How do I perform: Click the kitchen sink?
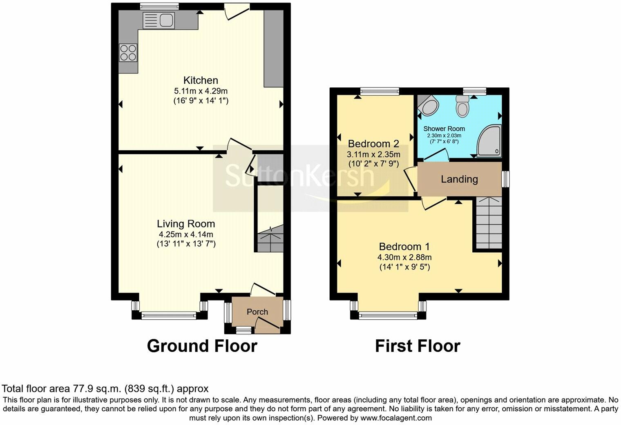[159, 20]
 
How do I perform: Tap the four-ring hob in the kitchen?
[128, 53]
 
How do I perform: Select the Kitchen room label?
[201, 80]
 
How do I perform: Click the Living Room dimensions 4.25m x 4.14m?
[186, 234]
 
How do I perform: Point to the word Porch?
[257, 312]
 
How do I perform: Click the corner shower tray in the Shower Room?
[489, 141]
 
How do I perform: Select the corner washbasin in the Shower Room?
[429, 105]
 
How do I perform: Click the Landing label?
[459, 179]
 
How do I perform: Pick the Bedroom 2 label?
[373, 144]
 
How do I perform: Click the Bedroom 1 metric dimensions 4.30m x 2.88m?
[404, 257]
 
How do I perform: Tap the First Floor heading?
[418, 346]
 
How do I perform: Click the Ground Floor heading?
[202, 346]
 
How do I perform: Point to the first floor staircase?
[489, 223]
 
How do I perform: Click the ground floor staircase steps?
[270, 239]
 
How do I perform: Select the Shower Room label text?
[444, 129]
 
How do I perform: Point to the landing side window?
[506, 179]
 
